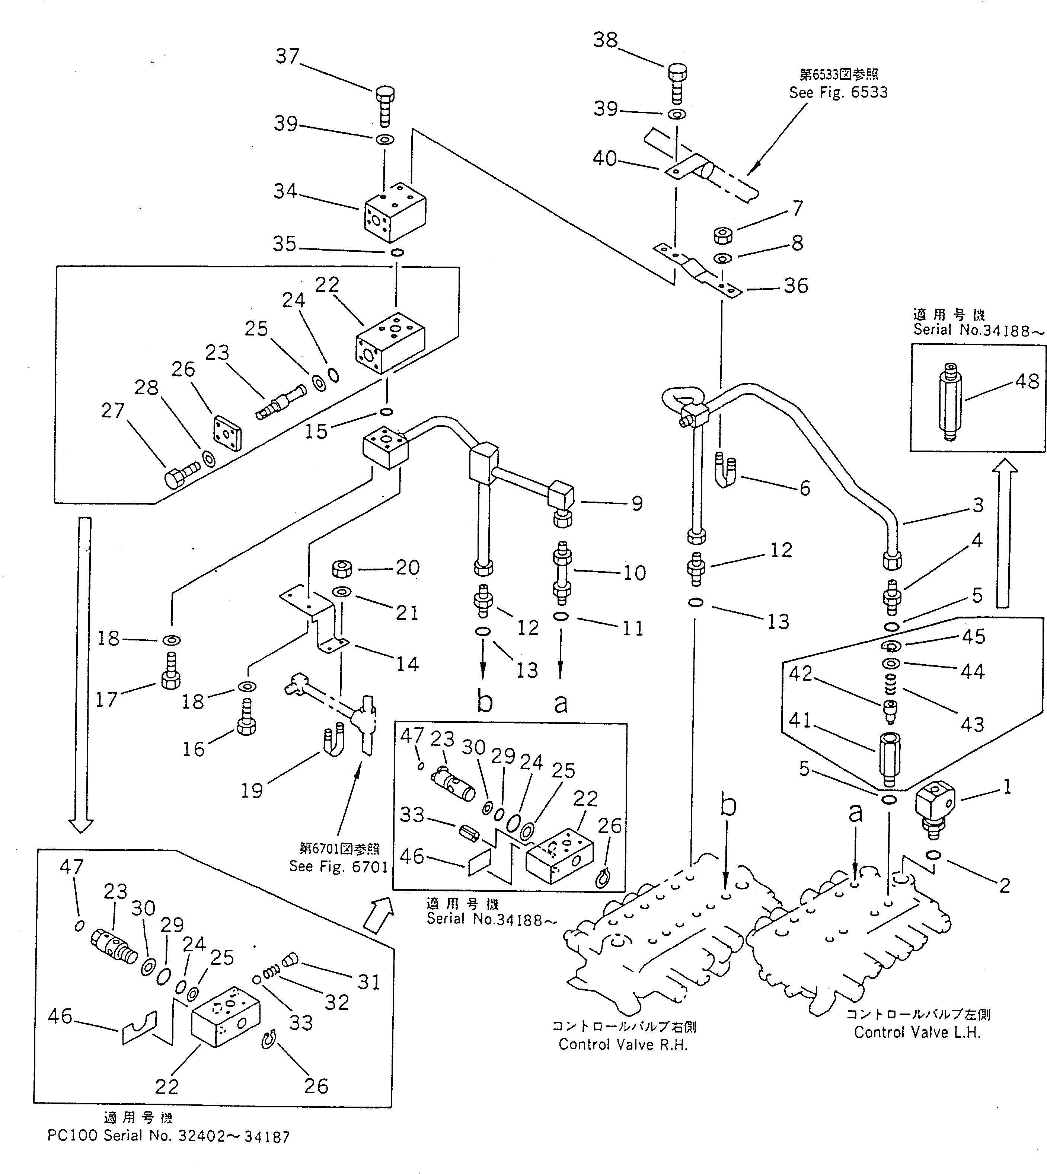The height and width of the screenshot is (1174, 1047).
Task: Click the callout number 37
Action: click(x=287, y=56)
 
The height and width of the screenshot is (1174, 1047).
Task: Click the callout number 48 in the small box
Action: click(x=1027, y=381)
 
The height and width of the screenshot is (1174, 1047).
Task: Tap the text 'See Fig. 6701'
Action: click(x=338, y=867)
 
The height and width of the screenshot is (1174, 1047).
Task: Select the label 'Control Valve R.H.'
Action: click(x=623, y=1044)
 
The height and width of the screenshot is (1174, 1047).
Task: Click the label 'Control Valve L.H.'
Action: click(x=917, y=1033)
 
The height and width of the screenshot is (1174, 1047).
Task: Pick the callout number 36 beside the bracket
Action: click(x=796, y=286)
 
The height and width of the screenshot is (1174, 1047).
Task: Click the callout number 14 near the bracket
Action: click(x=407, y=664)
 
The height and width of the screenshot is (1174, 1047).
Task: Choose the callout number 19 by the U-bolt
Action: click(x=251, y=791)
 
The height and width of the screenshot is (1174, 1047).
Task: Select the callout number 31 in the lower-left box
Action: click(x=369, y=982)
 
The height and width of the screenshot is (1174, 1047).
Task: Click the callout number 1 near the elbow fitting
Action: click(x=1007, y=787)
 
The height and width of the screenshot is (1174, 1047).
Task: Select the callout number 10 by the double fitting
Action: click(x=635, y=573)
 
